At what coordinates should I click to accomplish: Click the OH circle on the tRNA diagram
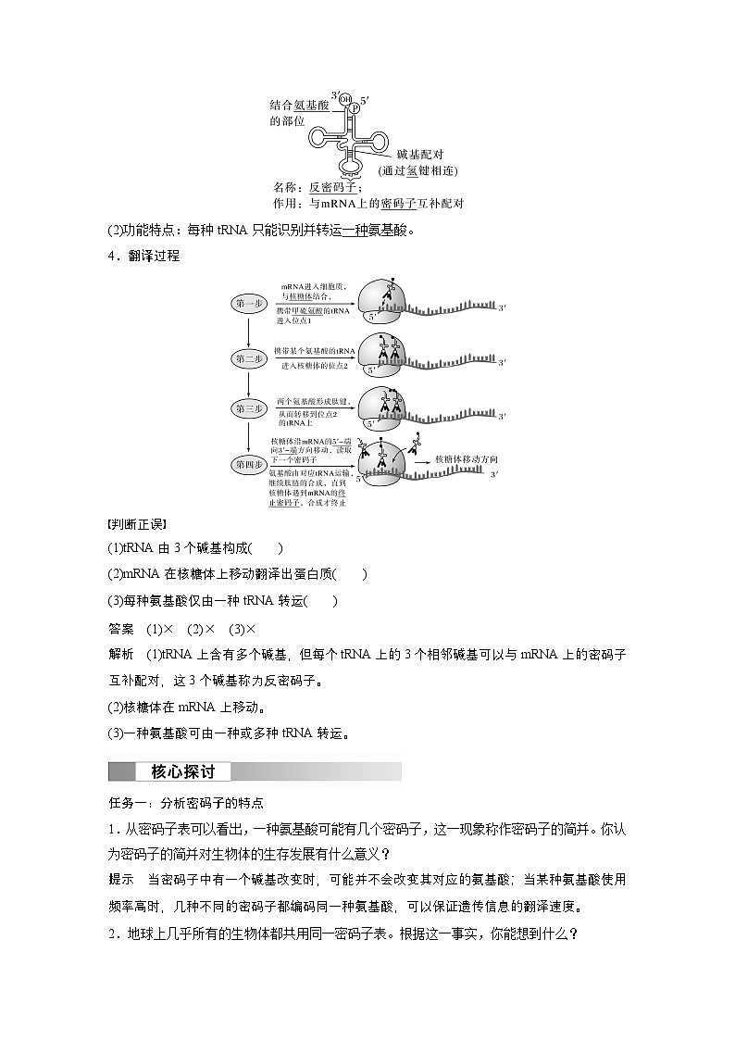(x=344, y=98)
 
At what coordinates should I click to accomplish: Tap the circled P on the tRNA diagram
(x=353, y=107)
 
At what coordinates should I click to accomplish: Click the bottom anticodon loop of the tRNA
(x=352, y=168)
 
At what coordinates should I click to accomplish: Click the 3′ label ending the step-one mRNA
(x=501, y=307)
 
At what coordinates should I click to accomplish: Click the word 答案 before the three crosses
(x=121, y=629)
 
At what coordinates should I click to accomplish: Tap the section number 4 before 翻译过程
(x=113, y=256)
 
